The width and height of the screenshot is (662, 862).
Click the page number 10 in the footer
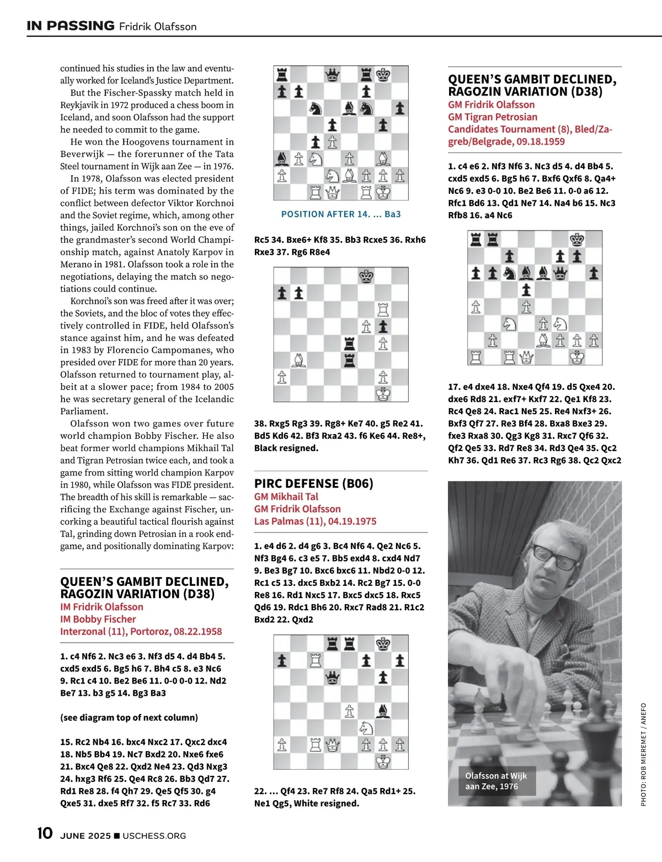(45, 833)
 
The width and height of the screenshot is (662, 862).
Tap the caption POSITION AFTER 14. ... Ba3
(341, 214)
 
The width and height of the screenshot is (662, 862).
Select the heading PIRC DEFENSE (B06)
(313, 484)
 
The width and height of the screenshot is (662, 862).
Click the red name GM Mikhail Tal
(286, 497)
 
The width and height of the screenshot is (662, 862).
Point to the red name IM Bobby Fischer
(98, 620)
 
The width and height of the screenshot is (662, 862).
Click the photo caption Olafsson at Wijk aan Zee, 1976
(496, 781)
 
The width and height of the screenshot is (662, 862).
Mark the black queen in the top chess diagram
(332, 75)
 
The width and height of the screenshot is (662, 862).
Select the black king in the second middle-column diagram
(366, 276)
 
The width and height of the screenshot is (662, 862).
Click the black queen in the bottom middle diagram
(332, 677)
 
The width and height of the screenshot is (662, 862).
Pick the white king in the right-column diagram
(577, 357)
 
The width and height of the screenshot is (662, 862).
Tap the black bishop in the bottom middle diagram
(383, 711)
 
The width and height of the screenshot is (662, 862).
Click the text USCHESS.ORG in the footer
(154, 836)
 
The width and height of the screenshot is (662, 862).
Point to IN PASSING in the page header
(71, 26)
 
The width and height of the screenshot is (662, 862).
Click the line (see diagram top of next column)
(129, 718)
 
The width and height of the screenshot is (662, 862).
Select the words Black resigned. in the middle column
(286, 448)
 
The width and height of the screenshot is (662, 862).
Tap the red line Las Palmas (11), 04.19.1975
(315, 521)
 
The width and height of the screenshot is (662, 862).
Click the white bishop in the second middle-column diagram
(298, 360)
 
